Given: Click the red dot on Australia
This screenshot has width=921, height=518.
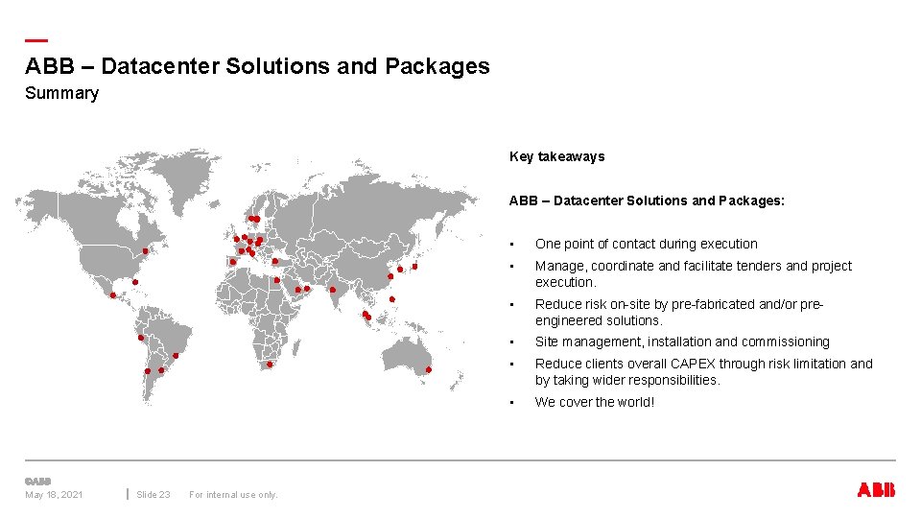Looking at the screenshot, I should tap(429, 369).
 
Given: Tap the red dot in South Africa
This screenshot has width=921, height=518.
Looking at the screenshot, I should tap(270, 365).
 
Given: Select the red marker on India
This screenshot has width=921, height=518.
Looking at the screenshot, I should tap(332, 289).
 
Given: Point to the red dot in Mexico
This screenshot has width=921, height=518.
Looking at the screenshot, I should tap(113, 295).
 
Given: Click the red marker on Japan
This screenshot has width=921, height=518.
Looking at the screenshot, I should tap(414, 267).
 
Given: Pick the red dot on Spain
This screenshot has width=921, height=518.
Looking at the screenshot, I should tap(232, 261).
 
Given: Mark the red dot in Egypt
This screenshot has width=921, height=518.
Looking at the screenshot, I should tap(276, 280).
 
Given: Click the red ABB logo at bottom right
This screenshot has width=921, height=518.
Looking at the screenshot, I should tap(876, 490).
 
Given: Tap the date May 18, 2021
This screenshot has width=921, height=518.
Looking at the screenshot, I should tap(54, 495).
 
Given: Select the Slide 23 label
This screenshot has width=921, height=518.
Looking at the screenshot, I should tap(153, 495).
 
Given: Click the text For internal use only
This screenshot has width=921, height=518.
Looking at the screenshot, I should tap(233, 495).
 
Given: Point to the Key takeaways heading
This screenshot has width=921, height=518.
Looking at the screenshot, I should tap(556, 156).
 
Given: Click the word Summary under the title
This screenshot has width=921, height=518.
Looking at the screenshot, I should tap(61, 93).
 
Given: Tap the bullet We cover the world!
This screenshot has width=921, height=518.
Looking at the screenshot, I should tap(595, 402).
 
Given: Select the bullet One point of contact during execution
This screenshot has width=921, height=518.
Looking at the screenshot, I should tap(646, 244).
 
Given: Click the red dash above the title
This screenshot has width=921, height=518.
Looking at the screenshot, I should tap(36, 40).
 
